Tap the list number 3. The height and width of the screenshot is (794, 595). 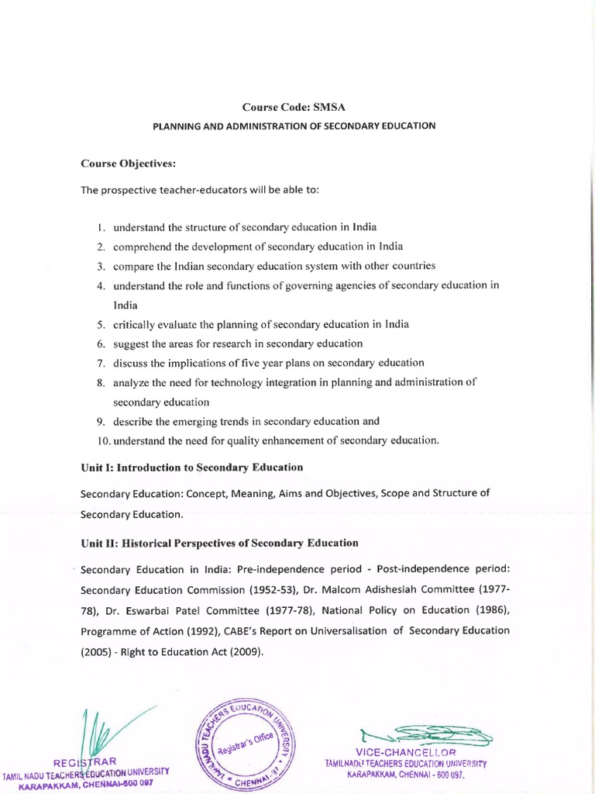pos(101,266)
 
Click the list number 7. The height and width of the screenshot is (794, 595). pos(101,363)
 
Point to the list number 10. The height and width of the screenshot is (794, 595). pos(102,441)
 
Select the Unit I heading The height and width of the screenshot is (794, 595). pos(192,468)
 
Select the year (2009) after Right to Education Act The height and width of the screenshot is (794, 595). pos(241,651)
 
